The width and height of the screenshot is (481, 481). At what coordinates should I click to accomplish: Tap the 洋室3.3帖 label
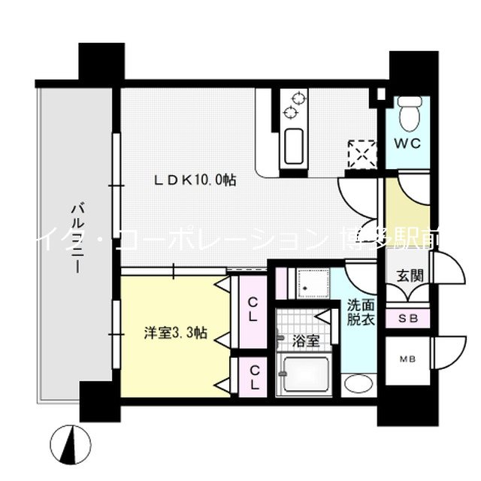(176, 331)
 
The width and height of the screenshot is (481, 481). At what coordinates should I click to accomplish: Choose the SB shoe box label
(408, 318)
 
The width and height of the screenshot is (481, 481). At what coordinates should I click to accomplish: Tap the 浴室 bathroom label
(307, 340)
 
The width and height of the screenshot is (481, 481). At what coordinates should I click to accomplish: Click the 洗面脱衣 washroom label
(359, 312)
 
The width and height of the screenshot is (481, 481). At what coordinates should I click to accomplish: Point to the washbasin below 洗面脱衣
(358, 383)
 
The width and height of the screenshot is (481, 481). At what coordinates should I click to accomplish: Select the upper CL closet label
(253, 308)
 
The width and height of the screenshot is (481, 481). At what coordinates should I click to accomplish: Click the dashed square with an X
(358, 153)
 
